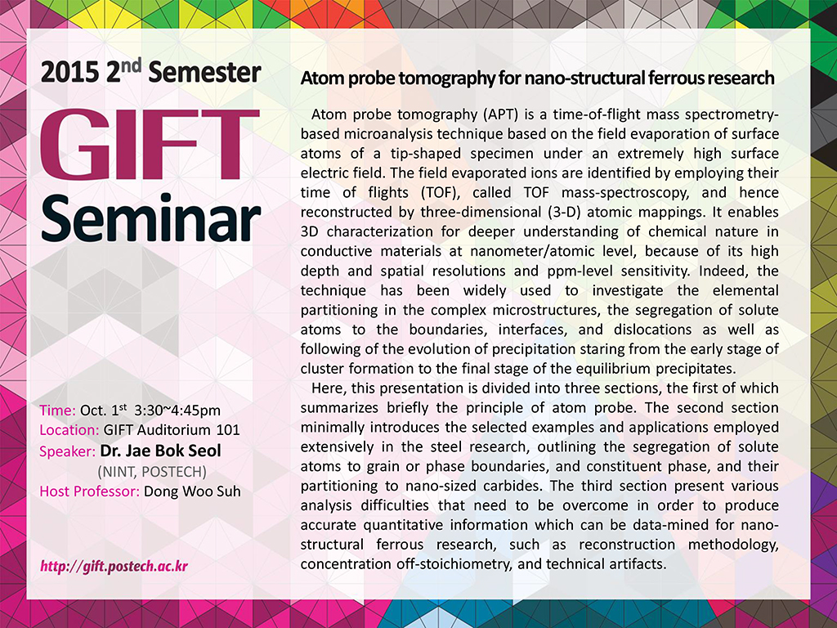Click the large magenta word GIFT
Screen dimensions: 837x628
[x=150, y=145]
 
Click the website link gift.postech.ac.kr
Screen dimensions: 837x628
[x=114, y=566]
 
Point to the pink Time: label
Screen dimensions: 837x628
[x=58, y=410]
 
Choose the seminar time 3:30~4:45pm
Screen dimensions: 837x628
[x=177, y=410]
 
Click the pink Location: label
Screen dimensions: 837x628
[x=69, y=430]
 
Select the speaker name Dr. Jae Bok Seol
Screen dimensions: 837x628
[x=160, y=451]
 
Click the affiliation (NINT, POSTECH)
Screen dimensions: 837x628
[x=152, y=472]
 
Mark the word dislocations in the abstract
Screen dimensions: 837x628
[x=651, y=330]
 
